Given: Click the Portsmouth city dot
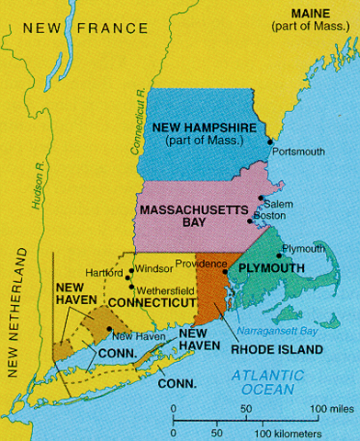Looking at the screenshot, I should click(270, 142).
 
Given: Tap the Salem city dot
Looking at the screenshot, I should click(261, 198).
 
